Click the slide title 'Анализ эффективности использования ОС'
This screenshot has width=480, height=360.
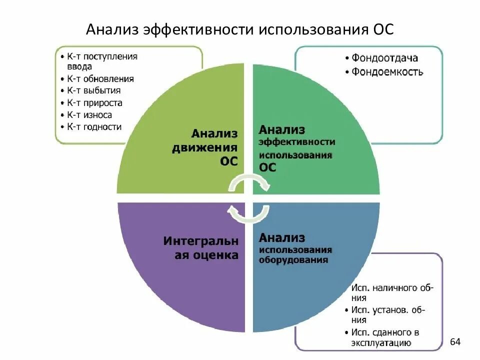pyautogui.click(x=240, y=28)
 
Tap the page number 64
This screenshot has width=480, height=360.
pyautogui.click(x=455, y=342)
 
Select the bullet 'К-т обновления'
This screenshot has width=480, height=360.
pyautogui.click(x=100, y=78)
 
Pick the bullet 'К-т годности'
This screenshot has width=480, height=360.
pyautogui.click(x=94, y=127)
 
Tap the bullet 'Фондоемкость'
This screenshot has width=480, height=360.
pyautogui.click(x=387, y=72)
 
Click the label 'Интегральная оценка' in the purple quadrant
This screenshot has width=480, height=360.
pyautogui.click(x=201, y=248)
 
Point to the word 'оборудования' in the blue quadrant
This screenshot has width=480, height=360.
pyautogui.click(x=293, y=260)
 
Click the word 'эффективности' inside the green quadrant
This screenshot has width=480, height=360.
pyautogui.click(x=297, y=142)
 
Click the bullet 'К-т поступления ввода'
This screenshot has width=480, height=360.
pyautogui.click(x=102, y=61)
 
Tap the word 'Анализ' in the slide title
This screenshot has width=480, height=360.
pyautogui.click(x=112, y=28)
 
